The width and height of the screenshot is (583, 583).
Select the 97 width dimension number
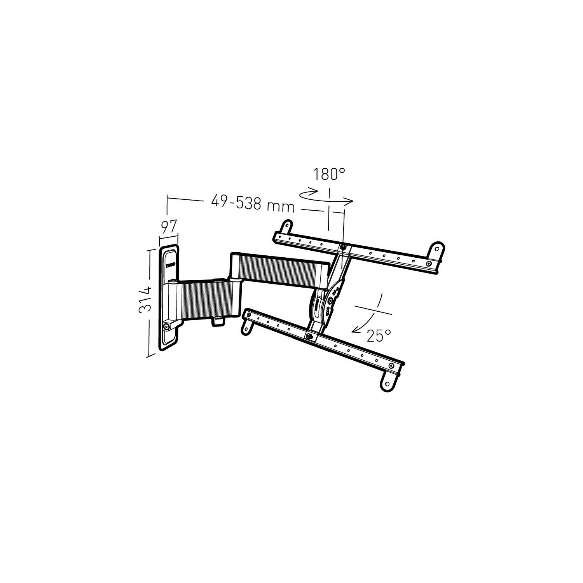[x=168, y=226]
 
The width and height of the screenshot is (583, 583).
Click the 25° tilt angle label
[x=379, y=335]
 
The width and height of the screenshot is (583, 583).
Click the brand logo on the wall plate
[x=170, y=266]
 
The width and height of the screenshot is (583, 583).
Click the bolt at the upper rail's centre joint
[x=342, y=247]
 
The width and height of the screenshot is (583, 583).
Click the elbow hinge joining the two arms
[x=235, y=279]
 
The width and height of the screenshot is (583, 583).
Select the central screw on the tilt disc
[x=330, y=300]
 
